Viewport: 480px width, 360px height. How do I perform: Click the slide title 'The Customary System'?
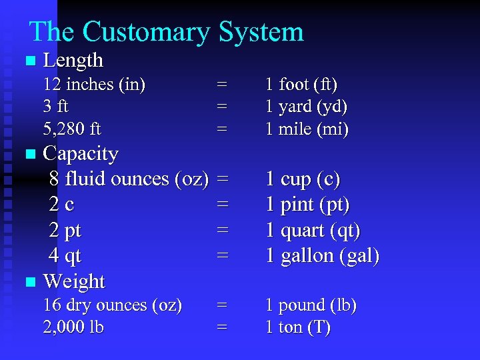coord(167,32)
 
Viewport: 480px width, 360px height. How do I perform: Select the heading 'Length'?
coord(73,61)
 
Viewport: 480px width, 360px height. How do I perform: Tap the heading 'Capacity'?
coord(81,154)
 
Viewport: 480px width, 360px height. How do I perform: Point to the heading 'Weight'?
coord(74,281)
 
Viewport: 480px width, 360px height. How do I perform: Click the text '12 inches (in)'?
coord(94,85)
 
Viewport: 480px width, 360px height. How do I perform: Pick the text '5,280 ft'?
coord(72,127)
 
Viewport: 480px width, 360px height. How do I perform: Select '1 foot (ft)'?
coord(301,85)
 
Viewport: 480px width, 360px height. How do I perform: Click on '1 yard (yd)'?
coord(306,106)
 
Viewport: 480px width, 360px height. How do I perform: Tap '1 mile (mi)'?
coord(307,127)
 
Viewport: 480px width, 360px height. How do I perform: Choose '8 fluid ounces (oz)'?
coord(129,179)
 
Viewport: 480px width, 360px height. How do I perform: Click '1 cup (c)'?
coord(303,179)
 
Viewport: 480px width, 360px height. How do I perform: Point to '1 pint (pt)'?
coord(307,205)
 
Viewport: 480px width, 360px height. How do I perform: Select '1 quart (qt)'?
coord(313,231)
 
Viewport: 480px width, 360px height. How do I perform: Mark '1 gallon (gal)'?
coord(322,256)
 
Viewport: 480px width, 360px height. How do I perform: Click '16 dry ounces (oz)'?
coord(112,305)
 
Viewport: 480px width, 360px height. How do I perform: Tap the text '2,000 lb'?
coord(73,327)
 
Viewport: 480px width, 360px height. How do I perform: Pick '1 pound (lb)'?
coord(311,305)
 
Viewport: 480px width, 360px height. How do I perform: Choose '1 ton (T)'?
coord(297,327)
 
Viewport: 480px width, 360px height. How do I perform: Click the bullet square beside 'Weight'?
coord(28,282)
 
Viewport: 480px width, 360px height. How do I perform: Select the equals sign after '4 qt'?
coord(223,255)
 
